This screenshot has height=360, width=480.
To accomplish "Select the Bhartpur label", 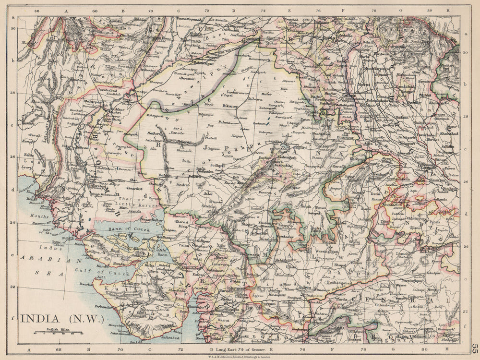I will [x=343, y=137].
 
